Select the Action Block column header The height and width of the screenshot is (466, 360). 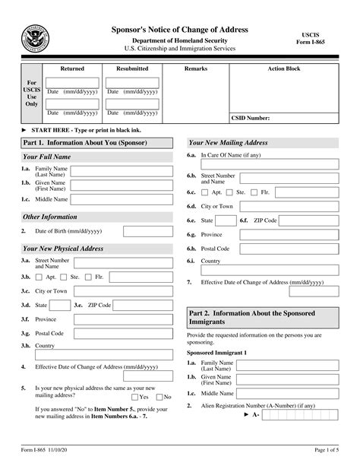tap(284, 68)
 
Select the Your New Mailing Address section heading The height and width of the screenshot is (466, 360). tap(228, 143)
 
